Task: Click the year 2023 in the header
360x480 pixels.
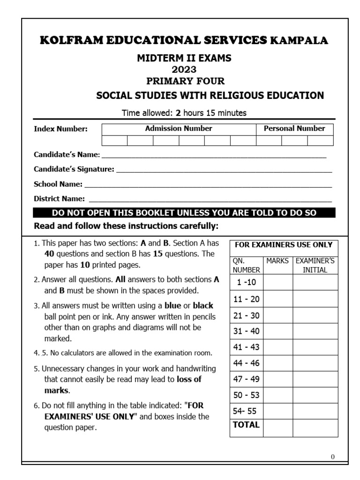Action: [x=184, y=70]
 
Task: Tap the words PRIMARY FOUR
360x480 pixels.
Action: [x=184, y=81]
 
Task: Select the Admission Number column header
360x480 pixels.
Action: [x=179, y=128]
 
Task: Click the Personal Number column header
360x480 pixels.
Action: [x=294, y=128]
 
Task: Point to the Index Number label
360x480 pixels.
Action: [x=60, y=129]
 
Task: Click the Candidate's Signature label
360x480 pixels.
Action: [x=74, y=169]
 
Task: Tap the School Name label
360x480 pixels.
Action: [x=58, y=184]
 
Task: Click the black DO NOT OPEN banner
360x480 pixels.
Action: [x=184, y=213]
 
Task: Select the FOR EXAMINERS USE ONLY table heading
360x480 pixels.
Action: [x=284, y=245]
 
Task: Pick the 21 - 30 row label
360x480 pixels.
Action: [x=246, y=315]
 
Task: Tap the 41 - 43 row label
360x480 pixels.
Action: [x=246, y=347]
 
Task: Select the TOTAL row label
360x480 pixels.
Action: [x=246, y=425]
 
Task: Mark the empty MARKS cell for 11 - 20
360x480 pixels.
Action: [x=278, y=299]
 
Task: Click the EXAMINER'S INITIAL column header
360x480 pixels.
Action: [x=315, y=265]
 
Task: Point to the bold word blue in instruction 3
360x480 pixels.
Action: [x=172, y=306]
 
